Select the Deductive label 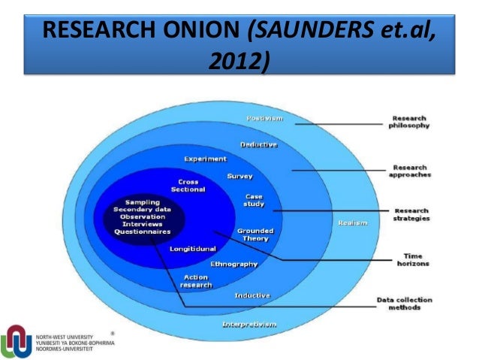258,144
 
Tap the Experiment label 205,159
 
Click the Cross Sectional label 188,186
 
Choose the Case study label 254,200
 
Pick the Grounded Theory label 255,234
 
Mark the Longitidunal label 193,248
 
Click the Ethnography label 233,264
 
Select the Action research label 197,281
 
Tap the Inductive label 252,295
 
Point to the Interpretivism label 249,324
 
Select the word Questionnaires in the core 142,231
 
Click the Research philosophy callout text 409,123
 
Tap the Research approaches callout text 409,171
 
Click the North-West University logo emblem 17,340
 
